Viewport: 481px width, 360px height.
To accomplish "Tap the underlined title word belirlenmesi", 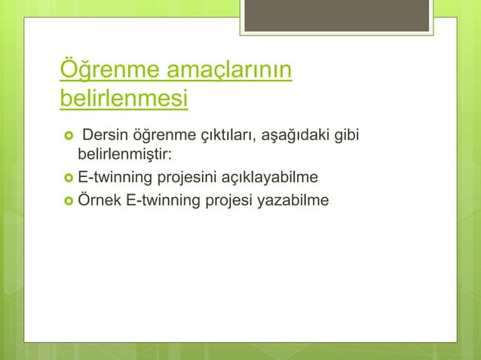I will (124, 99).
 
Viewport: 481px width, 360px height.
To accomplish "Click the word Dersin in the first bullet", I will (105, 136).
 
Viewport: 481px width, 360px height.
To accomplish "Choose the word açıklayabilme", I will (268, 178).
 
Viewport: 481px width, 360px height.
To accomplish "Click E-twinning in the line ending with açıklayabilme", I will (113, 178).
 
